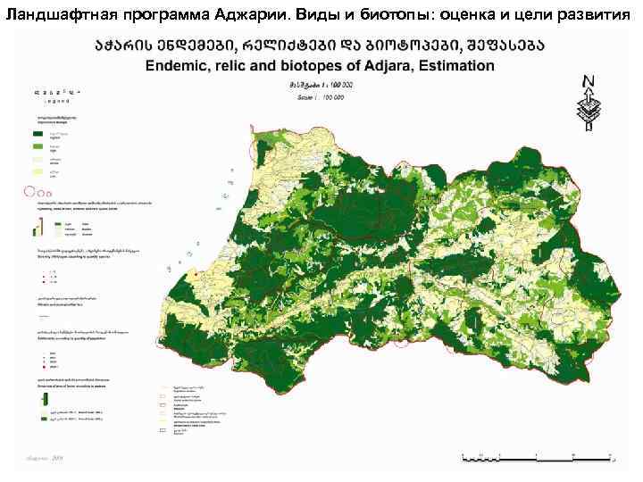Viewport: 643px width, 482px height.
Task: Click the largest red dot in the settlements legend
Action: [x=40, y=367]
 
